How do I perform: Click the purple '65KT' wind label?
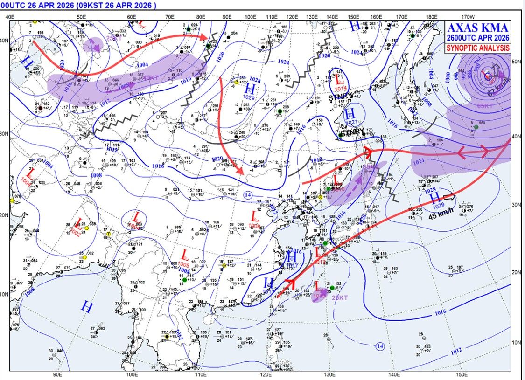485,106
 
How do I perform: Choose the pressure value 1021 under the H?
352,122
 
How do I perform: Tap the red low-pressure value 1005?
184,264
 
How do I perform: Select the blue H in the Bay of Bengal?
87,306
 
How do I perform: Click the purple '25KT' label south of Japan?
340,297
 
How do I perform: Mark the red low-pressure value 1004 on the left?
26,183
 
